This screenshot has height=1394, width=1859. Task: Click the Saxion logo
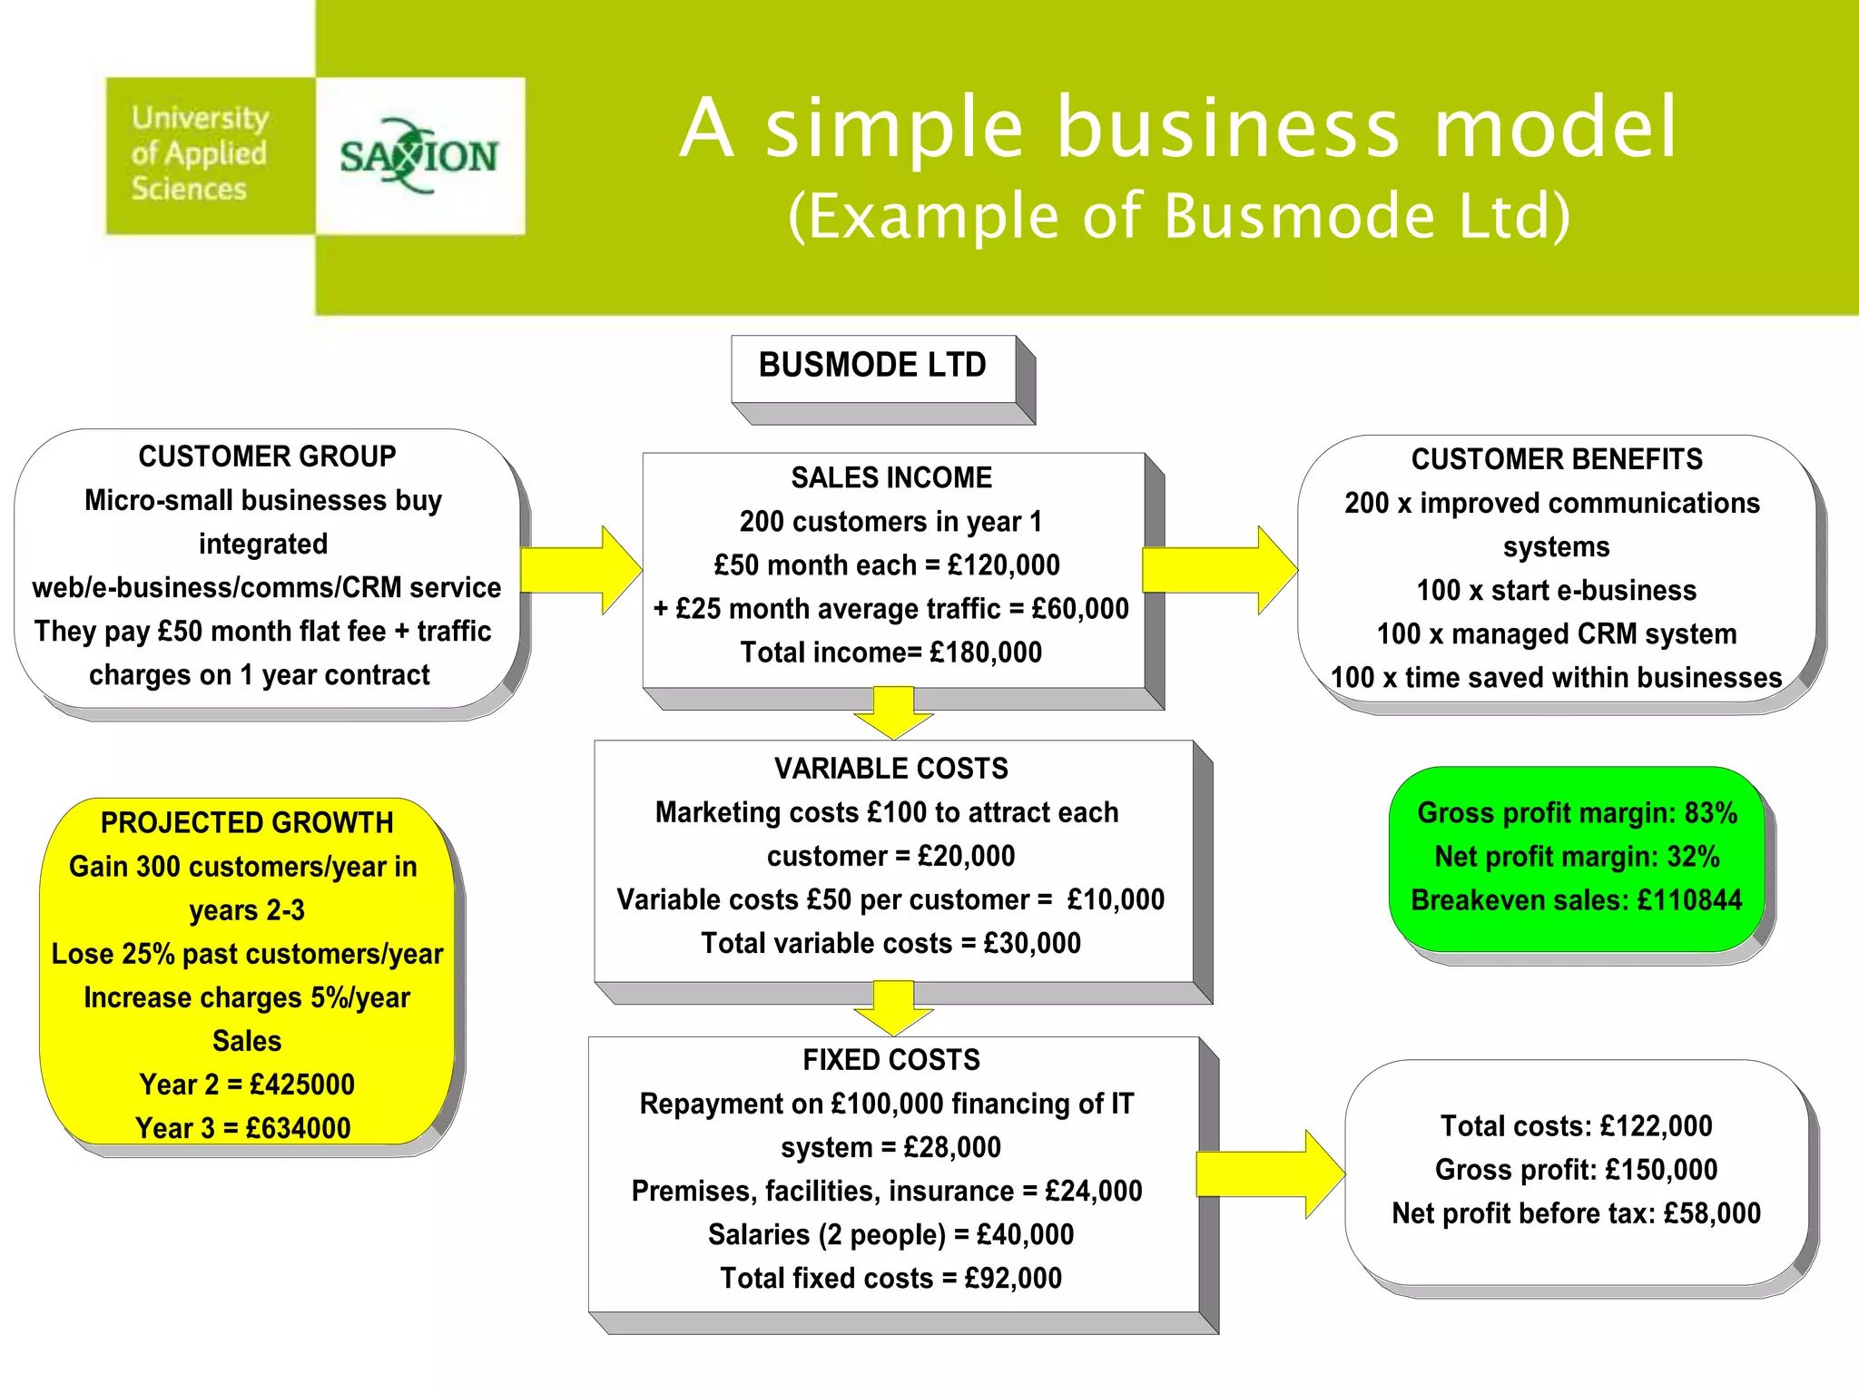click(419, 156)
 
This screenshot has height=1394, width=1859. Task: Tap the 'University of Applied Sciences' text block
click(200, 153)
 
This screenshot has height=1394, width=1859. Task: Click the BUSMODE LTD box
click(873, 366)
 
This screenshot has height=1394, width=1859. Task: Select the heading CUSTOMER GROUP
click(267, 456)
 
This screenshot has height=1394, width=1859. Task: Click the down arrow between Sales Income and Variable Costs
click(893, 712)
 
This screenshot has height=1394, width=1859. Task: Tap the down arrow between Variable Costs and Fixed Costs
click(893, 1006)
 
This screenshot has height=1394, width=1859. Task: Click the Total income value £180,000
click(986, 653)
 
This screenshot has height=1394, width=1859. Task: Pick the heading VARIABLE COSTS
click(891, 769)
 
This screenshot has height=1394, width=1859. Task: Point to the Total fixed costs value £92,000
click(1013, 1279)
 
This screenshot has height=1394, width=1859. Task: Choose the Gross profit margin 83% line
click(1577, 813)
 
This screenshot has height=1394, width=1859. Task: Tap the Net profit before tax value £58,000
click(1712, 1213)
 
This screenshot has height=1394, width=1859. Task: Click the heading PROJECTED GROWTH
click(247, 823)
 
